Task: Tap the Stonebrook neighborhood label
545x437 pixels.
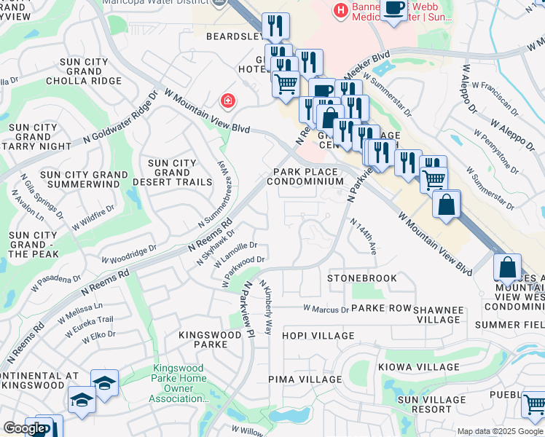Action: click(362, 278)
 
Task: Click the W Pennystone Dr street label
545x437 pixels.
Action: click(498, 154)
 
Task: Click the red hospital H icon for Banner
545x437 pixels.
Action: click(339, 10)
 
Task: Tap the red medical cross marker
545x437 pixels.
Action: click(228, 100)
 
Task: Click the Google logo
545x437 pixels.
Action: click(25, 428)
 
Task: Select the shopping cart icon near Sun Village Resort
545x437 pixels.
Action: click(533, 404)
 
